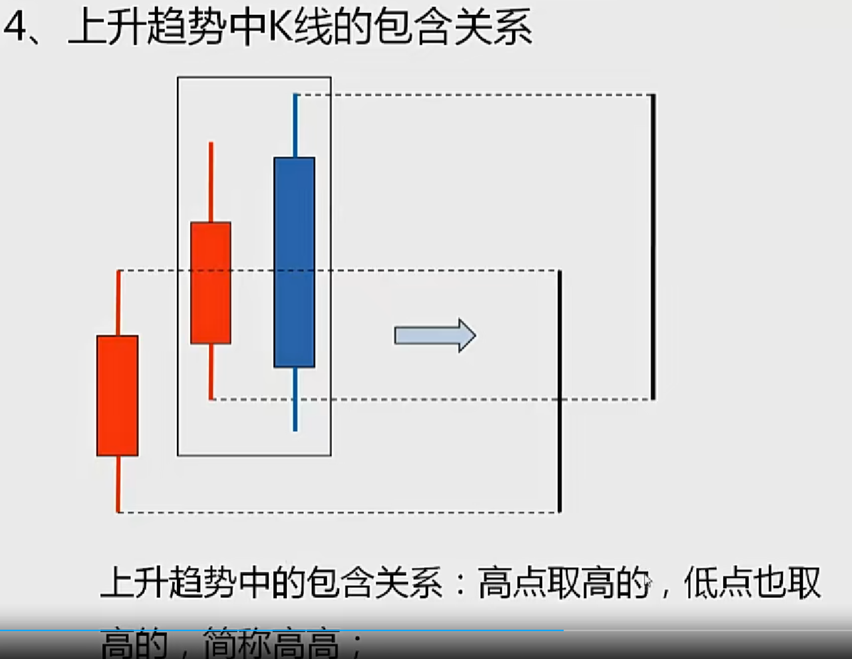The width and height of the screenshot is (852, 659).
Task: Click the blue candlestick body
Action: click(x=294, y=262)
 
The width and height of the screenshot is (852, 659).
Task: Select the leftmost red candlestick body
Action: click(x=117, y=396)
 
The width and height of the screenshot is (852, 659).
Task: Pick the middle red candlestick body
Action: click(x=211, y=283)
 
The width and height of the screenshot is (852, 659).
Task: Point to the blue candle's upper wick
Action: click(x=295, y=125)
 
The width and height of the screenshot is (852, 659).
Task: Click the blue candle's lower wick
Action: click(x=295, y=399)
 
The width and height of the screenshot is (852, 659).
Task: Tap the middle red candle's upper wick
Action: click(x=211, y=182)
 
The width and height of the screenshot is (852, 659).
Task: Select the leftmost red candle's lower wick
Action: click(x=118, y=484)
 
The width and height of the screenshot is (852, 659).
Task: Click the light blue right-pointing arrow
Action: click(x=435, y=336)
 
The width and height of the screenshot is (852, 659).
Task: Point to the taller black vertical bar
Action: click(x=653, y=247)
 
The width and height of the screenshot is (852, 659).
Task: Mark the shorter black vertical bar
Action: click(x=560, y=391)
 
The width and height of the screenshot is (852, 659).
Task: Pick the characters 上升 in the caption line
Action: click(x=134, y=583)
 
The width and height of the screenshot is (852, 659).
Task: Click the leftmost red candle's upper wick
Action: click(x=118, y=303)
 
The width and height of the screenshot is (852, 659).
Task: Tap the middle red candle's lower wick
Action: click(x=211, y=371)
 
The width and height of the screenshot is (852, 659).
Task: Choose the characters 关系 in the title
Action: click(x=492, y=27)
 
